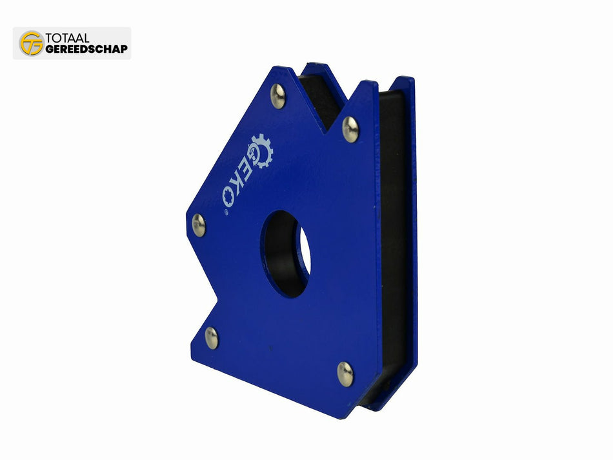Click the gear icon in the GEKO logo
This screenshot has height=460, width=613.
[261, 150]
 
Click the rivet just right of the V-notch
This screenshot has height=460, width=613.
[350, 129]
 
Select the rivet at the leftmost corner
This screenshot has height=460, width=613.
[199, 225]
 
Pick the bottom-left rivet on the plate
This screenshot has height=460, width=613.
[212, 337]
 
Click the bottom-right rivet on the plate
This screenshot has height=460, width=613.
[345, 374]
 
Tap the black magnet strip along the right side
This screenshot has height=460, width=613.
[392, 245]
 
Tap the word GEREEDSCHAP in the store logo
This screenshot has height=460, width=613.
[86, 49]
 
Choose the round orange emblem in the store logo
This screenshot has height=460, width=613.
[31, 43]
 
